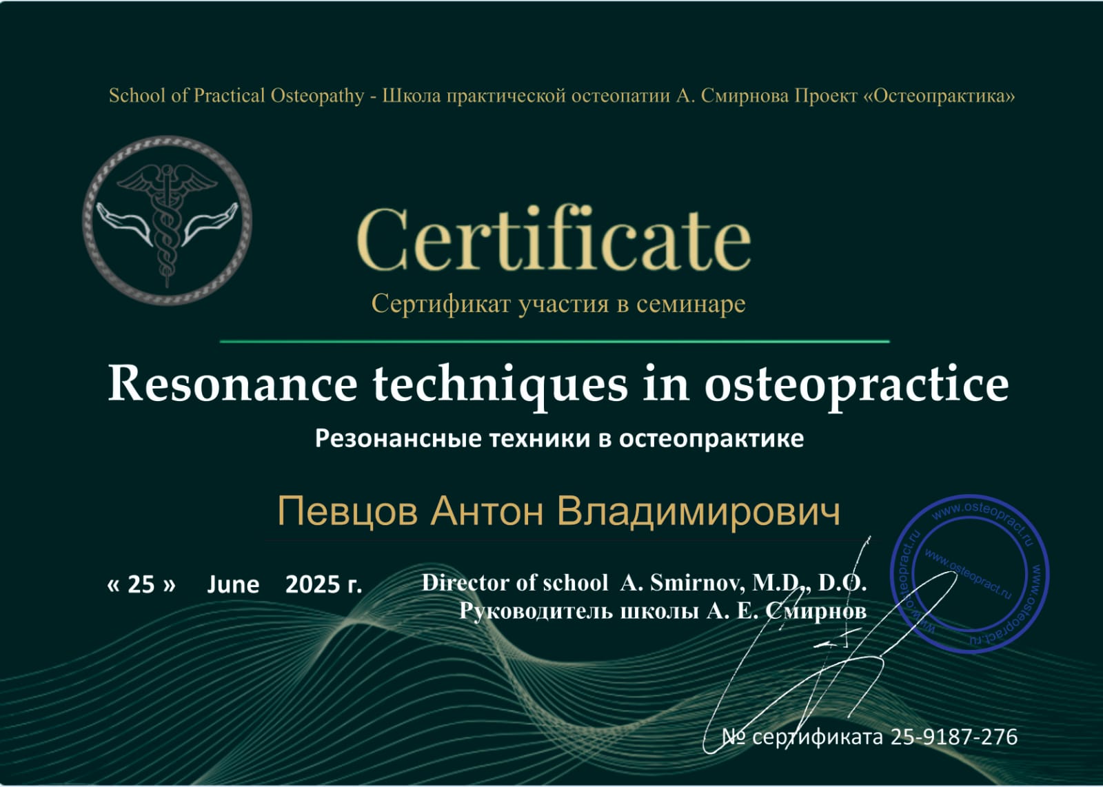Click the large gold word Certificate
coord(554,238)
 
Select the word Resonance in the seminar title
coord(232,383)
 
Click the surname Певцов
coord(347,511)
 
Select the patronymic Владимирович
coord(698,511)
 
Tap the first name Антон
coord(487,511)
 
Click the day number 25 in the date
coord(141,584)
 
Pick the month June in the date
coord(233,584)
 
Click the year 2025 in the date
coord(310,584)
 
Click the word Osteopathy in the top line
coord(317,96)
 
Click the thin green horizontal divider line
coord(554,340)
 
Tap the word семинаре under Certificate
coord(690,304)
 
